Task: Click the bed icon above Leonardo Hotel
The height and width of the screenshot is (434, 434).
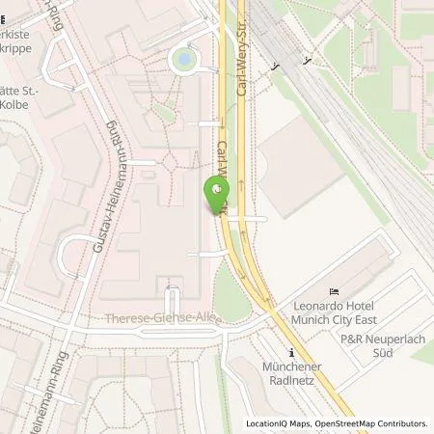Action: click(x=335, y=292)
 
